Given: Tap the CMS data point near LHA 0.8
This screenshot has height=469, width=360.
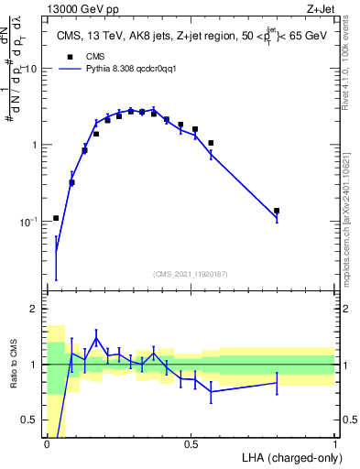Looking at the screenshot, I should point(277,211).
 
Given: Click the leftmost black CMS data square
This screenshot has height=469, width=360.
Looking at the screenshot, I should point(56,218).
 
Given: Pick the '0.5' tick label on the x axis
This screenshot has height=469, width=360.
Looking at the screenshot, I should point(191,442).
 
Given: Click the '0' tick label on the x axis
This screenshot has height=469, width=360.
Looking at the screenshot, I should point(47,442).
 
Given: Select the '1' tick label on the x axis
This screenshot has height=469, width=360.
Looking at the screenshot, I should point(334,442).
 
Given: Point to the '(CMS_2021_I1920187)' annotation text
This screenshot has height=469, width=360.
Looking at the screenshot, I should point(191,274).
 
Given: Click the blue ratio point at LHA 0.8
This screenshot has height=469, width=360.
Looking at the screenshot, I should point(277,383).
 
